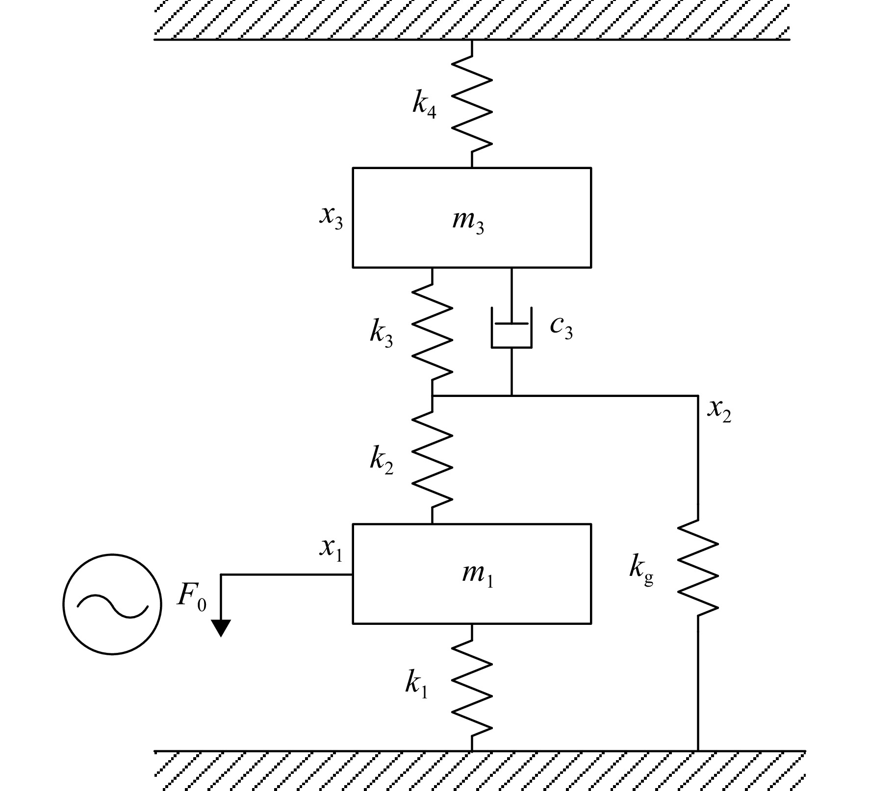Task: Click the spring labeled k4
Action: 472,103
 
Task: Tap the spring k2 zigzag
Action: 432,460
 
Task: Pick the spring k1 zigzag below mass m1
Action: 472,687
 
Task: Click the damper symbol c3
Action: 511,327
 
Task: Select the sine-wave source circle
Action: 112,604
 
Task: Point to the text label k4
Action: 425,104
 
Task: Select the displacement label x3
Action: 332,218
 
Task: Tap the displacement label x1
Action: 331,549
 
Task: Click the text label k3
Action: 382,334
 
